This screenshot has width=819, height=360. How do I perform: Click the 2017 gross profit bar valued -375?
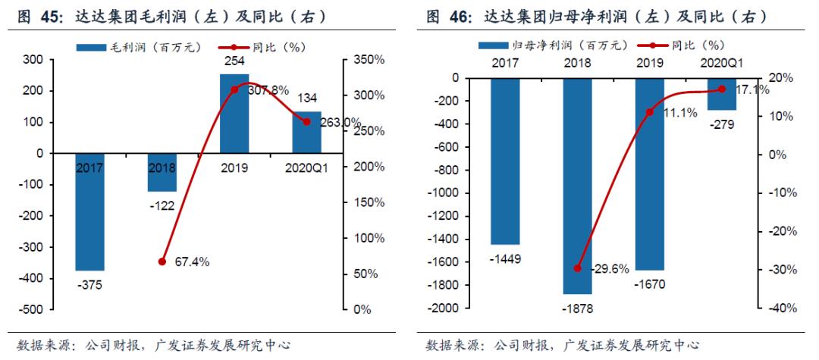pyautogui.click(x=89, y=211)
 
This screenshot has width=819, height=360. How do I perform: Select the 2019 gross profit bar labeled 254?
pyautogui.click(x=234, y=114)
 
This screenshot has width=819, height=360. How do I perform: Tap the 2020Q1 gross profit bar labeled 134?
pyautogui.click(x=307, y=132)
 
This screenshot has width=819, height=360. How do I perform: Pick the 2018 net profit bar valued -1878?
pyautogui.click(x=577, y=186)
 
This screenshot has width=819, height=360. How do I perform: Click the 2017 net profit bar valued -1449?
pyautogui.click(x=505, y=161)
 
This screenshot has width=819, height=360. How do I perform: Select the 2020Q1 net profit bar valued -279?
pyautogui.click(x=721, y=94)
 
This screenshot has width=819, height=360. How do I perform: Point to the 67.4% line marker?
pyautogui.click(x=162, y=261)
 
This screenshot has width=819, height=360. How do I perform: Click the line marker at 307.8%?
pyautogui.click(x=234, y=89)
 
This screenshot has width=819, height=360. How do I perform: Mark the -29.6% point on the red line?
pyautogui.click(x=577, y=268)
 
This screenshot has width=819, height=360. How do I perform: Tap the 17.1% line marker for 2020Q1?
pyautogui.click(x=721, y=89)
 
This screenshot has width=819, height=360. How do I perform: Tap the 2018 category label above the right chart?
pyautogui.click(x=577, y=63)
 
